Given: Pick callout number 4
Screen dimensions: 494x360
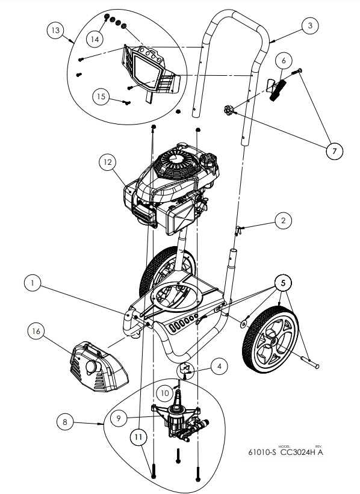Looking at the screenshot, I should click(220, 365).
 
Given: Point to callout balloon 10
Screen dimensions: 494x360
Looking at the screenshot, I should click(165, 392).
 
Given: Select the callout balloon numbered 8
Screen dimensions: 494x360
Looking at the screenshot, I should click(66, 422).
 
